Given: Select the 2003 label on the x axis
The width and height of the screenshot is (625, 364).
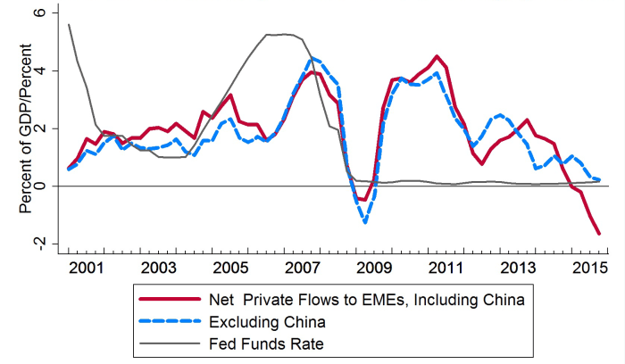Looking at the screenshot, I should pos(158,269).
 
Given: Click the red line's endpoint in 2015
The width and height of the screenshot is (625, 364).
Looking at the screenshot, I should pos(599,234).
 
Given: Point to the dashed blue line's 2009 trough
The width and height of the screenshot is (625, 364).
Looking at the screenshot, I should pos(365,222).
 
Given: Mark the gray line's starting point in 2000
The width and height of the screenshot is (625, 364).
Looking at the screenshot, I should pos(69,25).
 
